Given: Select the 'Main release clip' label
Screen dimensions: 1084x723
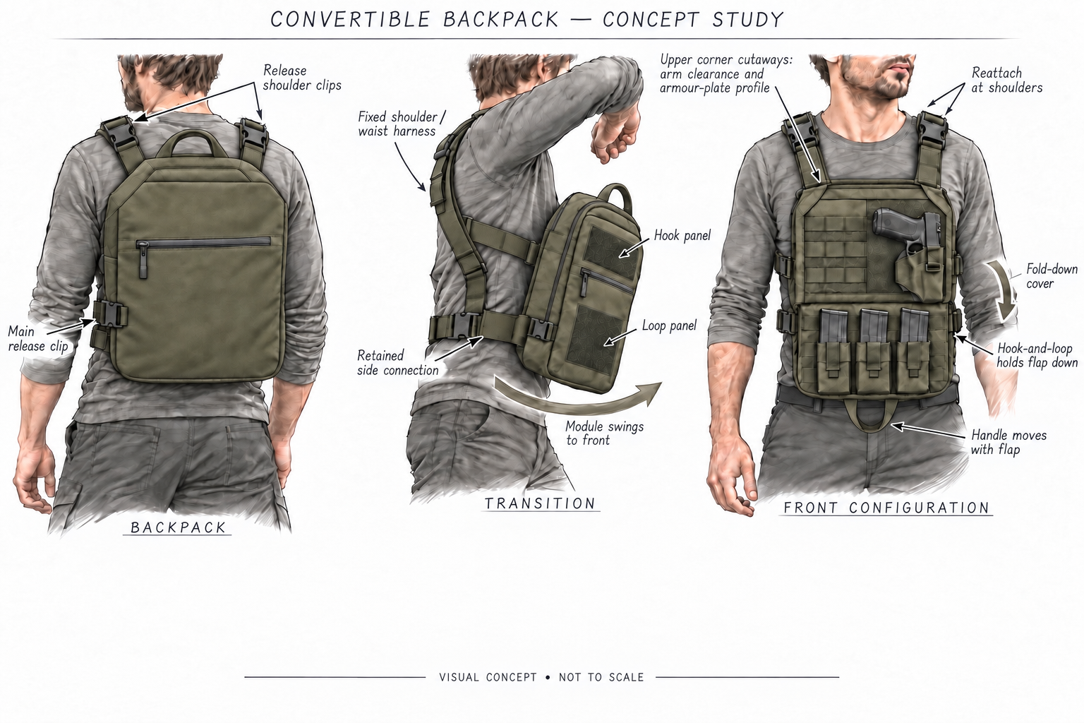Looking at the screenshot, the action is pyautogui.click(x=37, y=339).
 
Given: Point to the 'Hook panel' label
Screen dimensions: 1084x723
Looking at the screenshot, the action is pyautogui.click(x=682, y=235).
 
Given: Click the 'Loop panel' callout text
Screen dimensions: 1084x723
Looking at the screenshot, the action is pyautogui.click(x=669, y=325).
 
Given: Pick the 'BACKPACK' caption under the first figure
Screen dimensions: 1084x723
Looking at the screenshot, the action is pyautogui.click(x=178, y=527).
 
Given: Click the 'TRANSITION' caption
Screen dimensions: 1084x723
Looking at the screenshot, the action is pyautogui.click(x=540, y=503).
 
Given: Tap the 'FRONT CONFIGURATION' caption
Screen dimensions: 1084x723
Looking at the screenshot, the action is pyautogui.click(x=886, y=508).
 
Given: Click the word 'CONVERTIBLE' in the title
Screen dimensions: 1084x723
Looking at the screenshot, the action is pyautogui.click(x=350, y=20).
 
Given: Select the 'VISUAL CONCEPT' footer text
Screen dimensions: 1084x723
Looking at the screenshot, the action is pyautogui.click(x=488, y=677).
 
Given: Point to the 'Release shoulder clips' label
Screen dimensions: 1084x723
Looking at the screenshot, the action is pyautogui.click(x=302, y=78).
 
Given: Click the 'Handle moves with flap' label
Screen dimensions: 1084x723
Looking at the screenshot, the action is pyautogui.click(x=1008, y=442).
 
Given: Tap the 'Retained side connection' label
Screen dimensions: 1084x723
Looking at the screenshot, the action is pyautogui.click(x=397, y=363).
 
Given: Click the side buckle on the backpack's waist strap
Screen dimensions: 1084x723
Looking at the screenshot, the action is pyautogui.click(x=109, y=315).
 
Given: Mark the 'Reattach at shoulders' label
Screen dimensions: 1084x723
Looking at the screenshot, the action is pyautogui.click(x=1006, y=80).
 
